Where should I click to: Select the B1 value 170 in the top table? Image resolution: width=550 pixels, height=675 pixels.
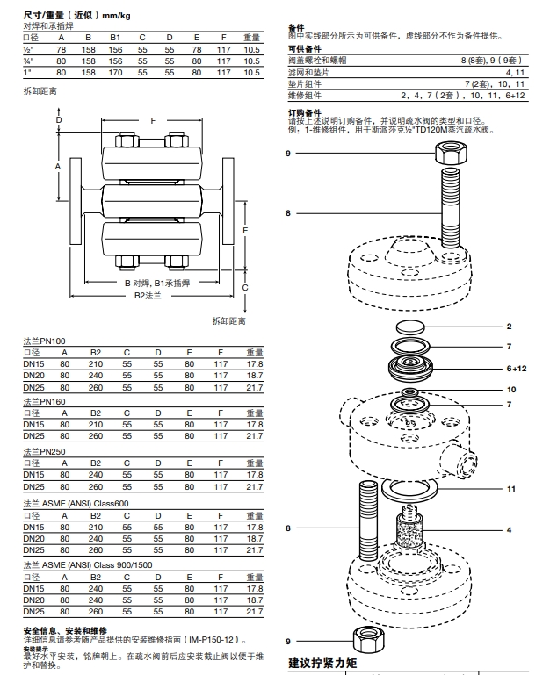[x=115, y=72]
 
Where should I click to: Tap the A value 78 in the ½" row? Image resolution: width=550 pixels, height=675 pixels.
[x=62, y=49]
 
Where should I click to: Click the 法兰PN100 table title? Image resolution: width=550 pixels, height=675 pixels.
[x=45, y=341]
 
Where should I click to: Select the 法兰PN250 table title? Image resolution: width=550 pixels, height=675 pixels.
[x=45, y=453]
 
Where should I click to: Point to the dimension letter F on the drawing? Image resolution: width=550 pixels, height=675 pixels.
[x=152, y=120]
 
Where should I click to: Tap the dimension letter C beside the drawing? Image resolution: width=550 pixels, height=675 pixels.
[x=245, y=288]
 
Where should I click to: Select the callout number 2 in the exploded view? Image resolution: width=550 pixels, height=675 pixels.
[x=509, y=326]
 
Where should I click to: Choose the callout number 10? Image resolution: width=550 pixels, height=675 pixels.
[x=511, y=389]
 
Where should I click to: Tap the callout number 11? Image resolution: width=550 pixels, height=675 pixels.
[x=510, y=489]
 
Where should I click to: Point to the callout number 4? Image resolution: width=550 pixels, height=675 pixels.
[x=509, y=530]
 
